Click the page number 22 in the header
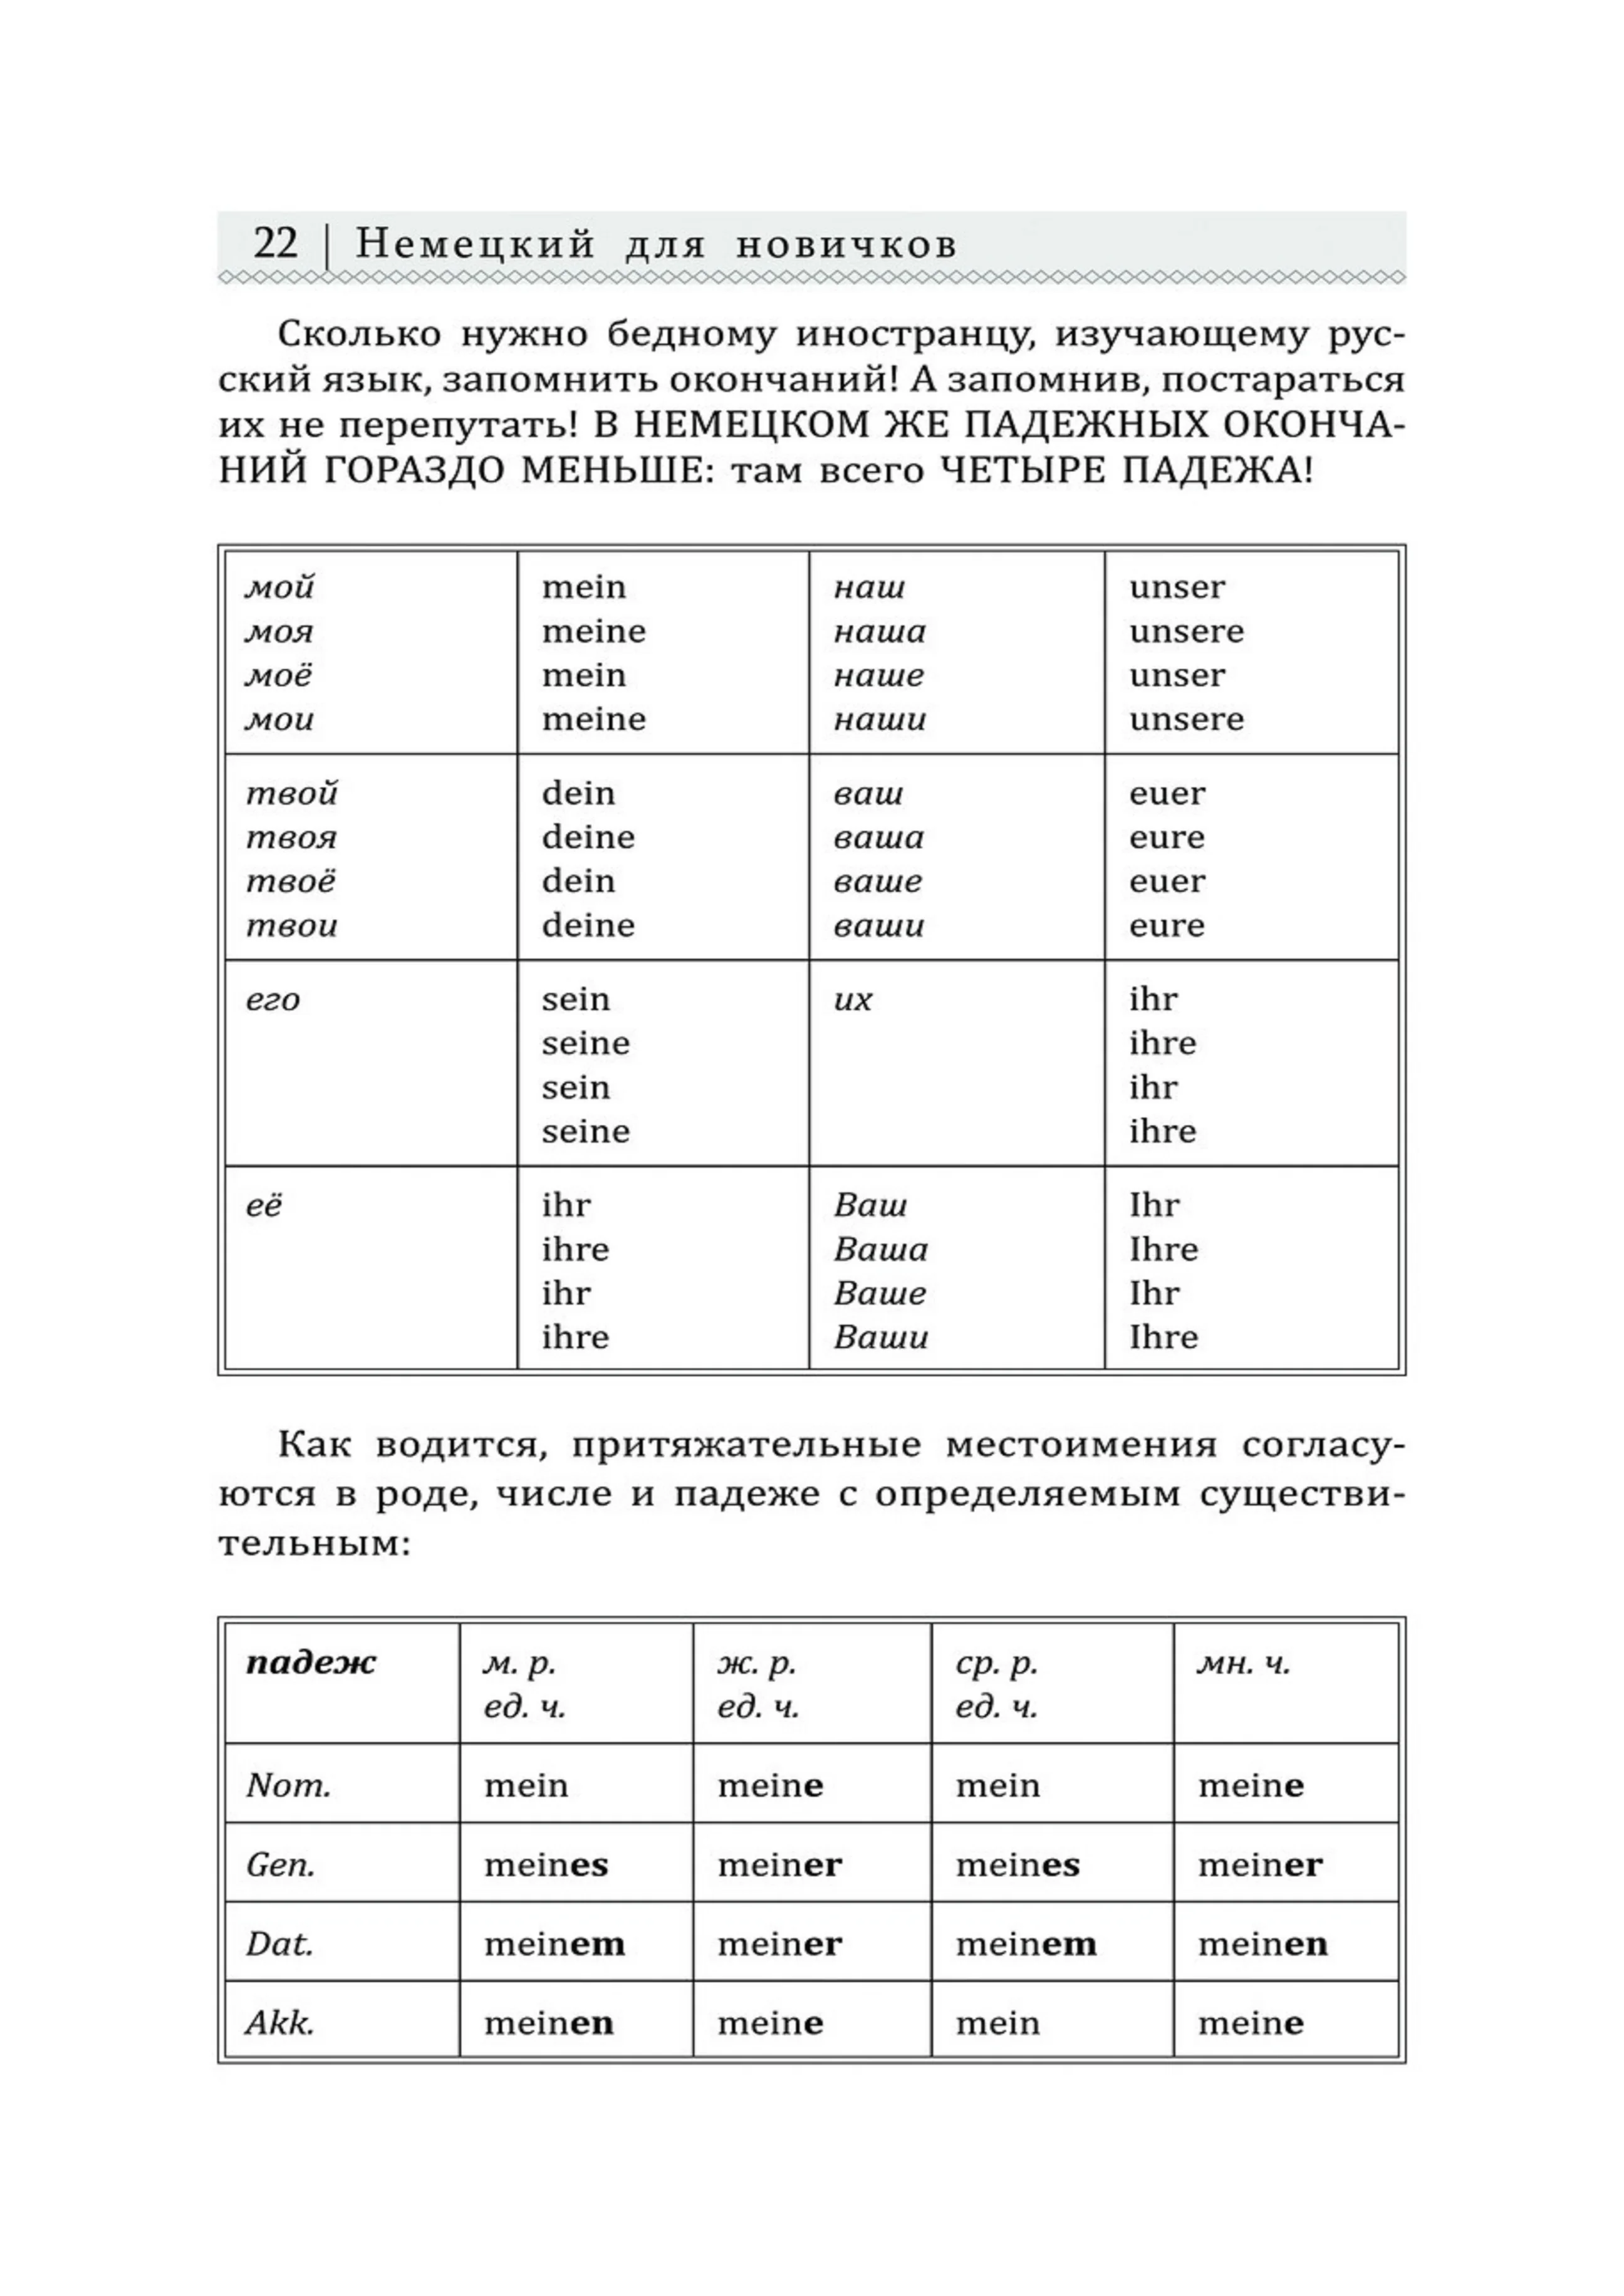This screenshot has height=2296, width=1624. [x=275, y=243]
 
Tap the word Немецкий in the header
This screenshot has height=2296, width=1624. [x=475, y=244]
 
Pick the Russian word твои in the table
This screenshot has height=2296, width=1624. [x=291, y=925]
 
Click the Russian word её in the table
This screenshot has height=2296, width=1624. [x=264, y=1205]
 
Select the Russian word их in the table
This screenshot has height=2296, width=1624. [x=852, y=999]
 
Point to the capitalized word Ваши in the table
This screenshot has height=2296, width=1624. [x=880, y=1337]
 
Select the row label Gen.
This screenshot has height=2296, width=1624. [x=280, y=1865]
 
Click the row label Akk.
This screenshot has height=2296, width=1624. [x=280, y=2023]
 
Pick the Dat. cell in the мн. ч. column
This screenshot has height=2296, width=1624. [x=1262, y=1944]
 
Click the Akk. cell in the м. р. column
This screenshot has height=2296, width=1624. [x=548, y=2023]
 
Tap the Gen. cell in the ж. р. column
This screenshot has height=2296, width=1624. [x=779, y=1865]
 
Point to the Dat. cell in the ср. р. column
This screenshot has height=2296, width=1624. [x=1025, y=1944]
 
